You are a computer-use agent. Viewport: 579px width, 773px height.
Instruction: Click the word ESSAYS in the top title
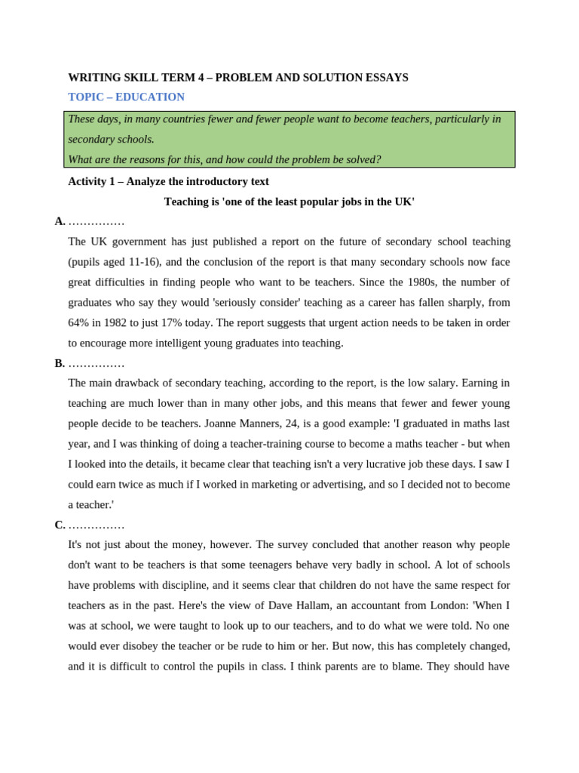point(384,77)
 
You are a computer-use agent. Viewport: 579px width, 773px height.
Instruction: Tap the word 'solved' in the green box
point(361,159)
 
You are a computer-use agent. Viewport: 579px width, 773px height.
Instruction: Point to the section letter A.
point(60,221)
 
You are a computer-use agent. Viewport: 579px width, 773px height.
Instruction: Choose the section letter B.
point(60,363)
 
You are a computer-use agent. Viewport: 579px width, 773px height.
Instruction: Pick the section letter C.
point(60,525)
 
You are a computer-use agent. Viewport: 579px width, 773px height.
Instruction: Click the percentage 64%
point(78,322)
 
